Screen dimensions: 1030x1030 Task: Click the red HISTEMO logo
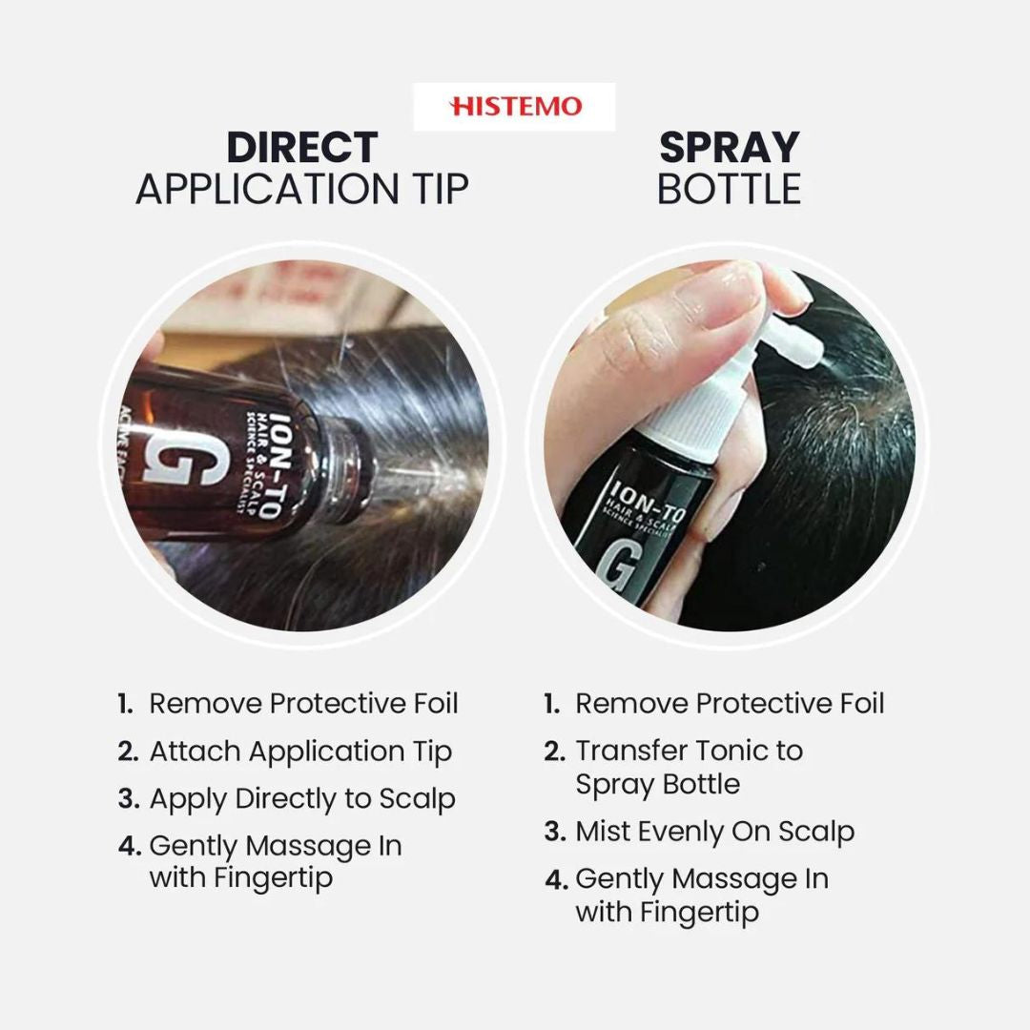[515, 107]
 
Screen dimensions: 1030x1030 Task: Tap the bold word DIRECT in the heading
[302, 148]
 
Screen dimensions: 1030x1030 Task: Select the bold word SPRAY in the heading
[730, 148]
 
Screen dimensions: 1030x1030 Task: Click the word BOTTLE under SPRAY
[730, 189]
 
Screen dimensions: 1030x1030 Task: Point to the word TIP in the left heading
[439, 189]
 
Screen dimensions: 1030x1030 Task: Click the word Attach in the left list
[195, 752]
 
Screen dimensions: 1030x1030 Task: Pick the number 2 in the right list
[554, 752]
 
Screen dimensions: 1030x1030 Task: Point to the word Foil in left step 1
[436, 704]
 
